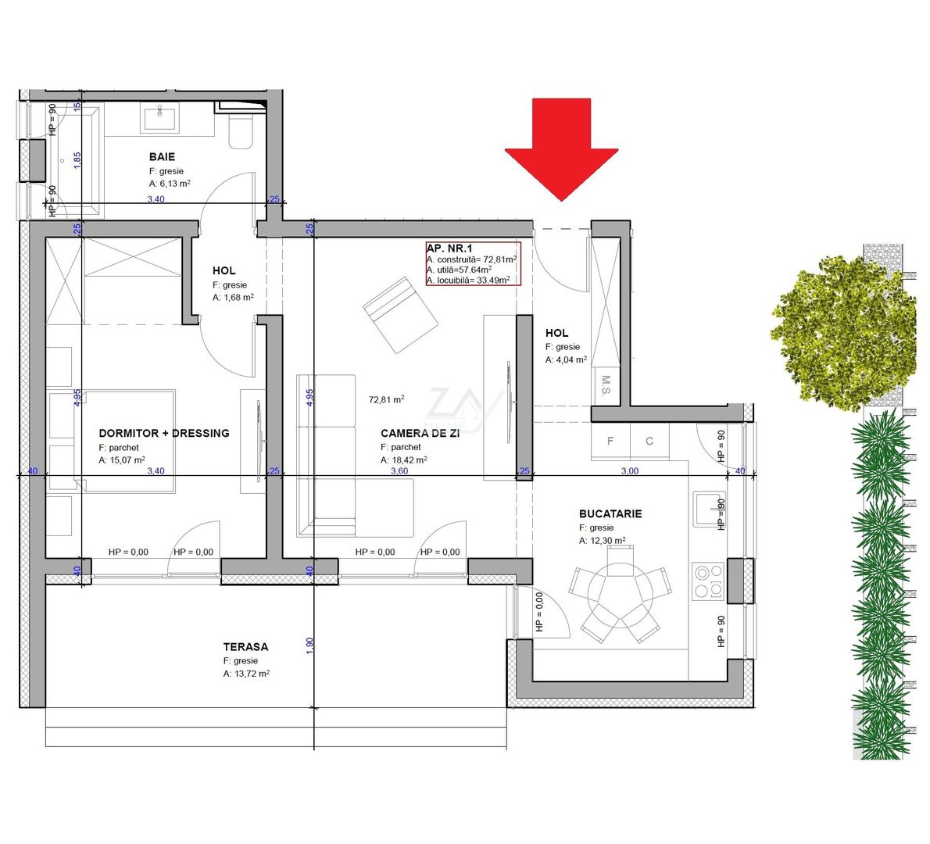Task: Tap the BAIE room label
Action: [x=162, y=156]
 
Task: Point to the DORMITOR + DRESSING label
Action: [x=164, y=433]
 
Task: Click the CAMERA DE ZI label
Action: [x=420, y=433]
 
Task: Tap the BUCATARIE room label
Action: [x=610, y=513]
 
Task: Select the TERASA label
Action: [x=245, y=646]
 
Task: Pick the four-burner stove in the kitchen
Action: [x=708, y=580]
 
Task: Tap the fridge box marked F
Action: [x=610, y=441]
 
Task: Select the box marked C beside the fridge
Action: [x=649, y=441]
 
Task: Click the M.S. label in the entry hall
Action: [x=605, y=385]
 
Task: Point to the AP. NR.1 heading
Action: [x=449, y=249]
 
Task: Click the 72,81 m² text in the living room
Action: [x=387, y=399]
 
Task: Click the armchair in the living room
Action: [x=400, y=314]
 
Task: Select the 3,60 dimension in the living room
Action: [x=399, y=471]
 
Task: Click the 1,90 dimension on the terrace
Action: [x=309, y=646]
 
